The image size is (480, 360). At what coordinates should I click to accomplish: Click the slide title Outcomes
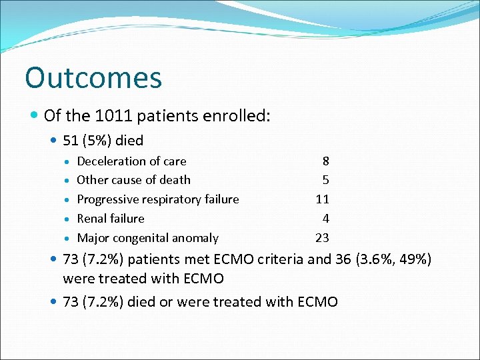[93, 78]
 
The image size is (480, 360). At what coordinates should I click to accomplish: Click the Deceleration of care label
[131, 161]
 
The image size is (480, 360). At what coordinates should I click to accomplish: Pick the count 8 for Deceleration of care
[325, 161]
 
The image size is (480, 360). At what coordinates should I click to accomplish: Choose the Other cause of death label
[133, 180]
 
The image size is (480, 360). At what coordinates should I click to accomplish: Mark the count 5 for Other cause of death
[325, 180]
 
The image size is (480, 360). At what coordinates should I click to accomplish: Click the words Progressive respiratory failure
[157, 199]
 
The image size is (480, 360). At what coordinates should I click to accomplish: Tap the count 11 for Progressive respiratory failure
[322, 199]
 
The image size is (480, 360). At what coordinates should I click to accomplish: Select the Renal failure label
[110, 219]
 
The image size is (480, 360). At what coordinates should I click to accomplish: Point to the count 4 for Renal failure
[325, 219]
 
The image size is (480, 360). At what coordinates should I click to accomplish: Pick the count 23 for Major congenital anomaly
[322, 238]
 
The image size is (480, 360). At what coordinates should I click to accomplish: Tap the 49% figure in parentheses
[412, 259]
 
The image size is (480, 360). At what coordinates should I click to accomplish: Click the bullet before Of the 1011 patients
[35, 116]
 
